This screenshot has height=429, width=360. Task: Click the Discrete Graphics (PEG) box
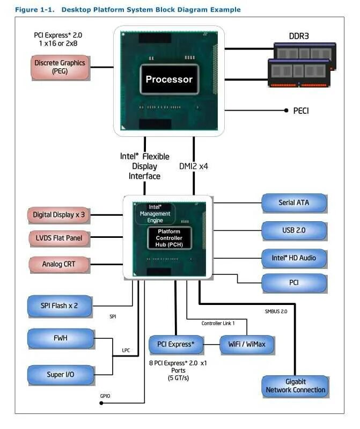click(60, 67)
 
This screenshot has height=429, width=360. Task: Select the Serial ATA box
click(293, 203)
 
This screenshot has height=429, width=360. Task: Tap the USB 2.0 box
click(293, 230)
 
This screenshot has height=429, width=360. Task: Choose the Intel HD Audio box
click(293, 258)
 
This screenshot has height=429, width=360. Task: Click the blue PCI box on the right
click(293, 282)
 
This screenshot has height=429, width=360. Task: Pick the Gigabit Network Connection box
click(295, 386)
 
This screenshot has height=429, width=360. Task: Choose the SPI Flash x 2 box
click(60, 306)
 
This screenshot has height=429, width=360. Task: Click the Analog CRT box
click(59, 264)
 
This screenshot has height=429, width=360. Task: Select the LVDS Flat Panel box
click(59, 237)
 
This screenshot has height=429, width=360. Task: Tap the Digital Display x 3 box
click(59, 215)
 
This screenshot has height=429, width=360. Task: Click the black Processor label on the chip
click(169, 79)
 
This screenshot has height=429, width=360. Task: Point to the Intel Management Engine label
click(155, 213)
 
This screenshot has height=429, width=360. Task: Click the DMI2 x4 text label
click(193, 166)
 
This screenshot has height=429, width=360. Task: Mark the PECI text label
click(301, 111)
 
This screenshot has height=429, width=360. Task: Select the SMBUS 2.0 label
click(276, 311)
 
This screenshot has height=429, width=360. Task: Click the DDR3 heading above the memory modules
click(299, 37)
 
